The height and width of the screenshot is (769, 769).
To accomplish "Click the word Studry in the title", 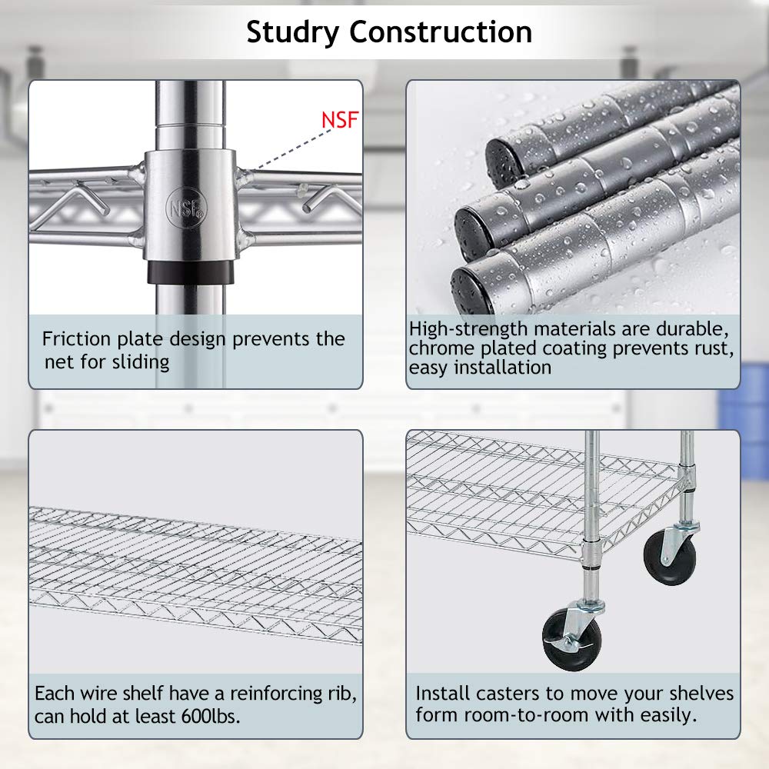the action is [x=292, y=33].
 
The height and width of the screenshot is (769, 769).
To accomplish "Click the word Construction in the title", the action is [x=441, y=32].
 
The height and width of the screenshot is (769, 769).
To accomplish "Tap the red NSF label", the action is [x=340, y=120].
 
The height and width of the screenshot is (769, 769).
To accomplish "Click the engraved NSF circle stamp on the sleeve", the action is [x=186, y=208].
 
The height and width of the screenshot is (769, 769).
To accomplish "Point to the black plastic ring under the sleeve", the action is [x=190, y=272].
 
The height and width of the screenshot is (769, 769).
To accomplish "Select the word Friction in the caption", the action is [x=76, y=339].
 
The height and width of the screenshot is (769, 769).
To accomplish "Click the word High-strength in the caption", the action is [x=468, y=329].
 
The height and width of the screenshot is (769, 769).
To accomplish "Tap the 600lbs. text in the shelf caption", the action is [x=211, y=717].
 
